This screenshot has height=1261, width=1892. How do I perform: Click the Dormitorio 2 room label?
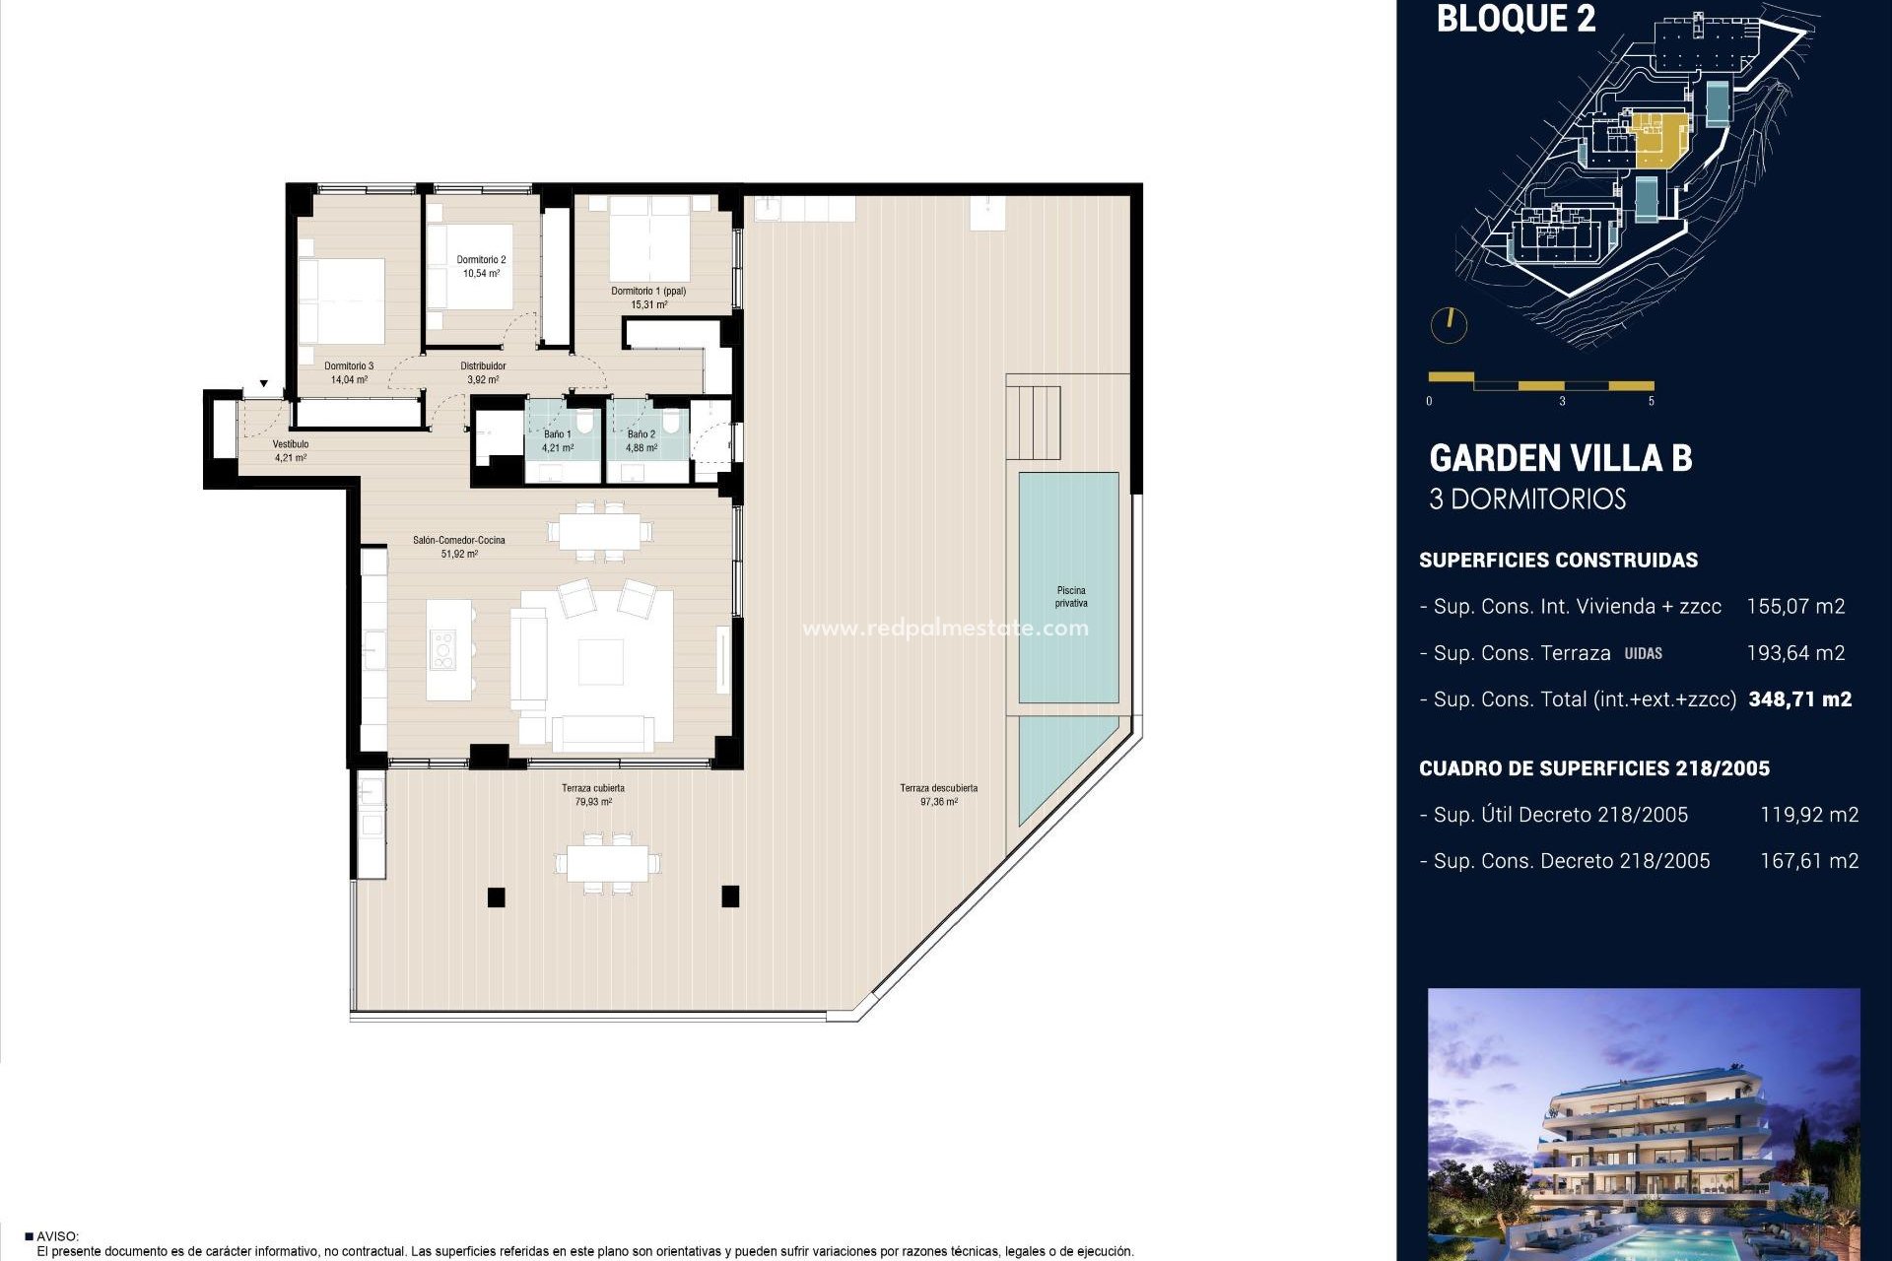[481, 260]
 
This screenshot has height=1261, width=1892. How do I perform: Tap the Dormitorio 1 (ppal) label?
[648, 292]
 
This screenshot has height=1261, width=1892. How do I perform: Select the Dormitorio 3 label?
[349, 366]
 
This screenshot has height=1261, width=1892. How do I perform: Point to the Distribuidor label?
[483, 366]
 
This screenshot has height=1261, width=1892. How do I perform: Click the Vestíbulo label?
[291, 444]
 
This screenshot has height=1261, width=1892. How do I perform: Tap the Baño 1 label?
[557, 434]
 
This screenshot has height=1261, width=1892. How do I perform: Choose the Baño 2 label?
[641, 434]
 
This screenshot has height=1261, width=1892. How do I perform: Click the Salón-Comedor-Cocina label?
[459, 541]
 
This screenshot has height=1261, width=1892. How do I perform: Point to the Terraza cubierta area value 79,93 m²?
[593, 802]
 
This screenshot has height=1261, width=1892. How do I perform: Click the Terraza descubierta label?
[938, 788]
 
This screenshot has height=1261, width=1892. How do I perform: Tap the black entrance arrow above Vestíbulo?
[264, 384]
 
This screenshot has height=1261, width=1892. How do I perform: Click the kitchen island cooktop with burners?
[442, 651]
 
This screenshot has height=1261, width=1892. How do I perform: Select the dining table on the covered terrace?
[607, 863]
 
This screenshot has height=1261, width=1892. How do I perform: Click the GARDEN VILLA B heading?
[1560, 458]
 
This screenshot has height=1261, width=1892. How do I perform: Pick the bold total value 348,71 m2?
[1799, 699]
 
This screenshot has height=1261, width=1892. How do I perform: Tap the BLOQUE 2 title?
[1516, 19]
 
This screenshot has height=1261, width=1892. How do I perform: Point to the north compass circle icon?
[1449, 325]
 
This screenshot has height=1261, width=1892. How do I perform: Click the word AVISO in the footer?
[57, 1236]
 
